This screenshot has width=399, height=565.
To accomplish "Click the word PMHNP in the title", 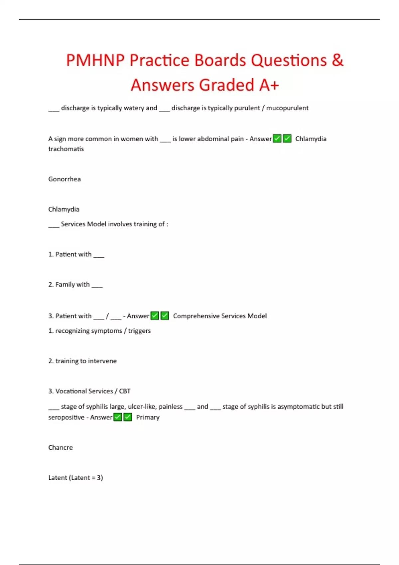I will (x=95, y=60).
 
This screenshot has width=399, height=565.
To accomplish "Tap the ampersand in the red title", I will (x=337, y=60).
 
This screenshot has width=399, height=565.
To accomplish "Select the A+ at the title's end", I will (x=269, y=85).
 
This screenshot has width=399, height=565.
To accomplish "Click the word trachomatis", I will (x=66, y=149).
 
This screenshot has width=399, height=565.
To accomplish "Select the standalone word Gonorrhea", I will (x=65, y=179).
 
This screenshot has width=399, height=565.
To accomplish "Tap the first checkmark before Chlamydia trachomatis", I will (x=277, y=139).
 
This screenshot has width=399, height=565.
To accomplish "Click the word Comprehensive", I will (x=196, y=316).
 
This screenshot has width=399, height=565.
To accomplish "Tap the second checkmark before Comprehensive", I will (x=165, y=316).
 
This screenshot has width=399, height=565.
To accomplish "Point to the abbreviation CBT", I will (x=125, y=391).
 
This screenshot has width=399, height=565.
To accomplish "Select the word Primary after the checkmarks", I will (x=148, y=417).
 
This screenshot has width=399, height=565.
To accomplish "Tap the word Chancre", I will (x=60, y=448).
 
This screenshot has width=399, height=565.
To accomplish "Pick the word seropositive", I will (x=66, y=417).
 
